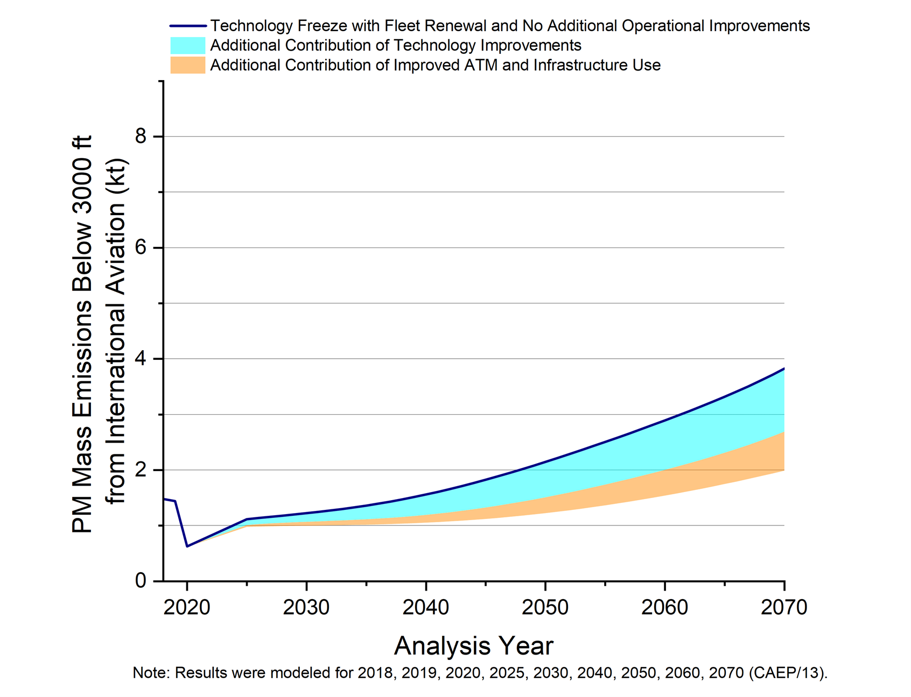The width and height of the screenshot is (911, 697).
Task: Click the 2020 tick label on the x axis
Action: (x=186, y=608)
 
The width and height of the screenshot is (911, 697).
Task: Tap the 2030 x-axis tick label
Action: (x=306, y=608)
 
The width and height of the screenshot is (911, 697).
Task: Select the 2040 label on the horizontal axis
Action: (x=425, y=608)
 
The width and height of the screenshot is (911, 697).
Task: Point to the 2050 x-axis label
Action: (x=545, y=608)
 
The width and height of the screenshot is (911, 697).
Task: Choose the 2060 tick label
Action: (x=664, y=608)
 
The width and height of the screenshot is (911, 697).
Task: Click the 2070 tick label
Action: (x=783, y=608)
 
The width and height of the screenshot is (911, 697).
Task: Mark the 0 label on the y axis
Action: (x=141, y=581)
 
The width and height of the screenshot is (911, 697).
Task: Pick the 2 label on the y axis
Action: (x=141, y=470)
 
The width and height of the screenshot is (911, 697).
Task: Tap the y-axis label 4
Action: (x=141, y=359)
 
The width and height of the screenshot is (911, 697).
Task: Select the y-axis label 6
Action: (x=141, y=248)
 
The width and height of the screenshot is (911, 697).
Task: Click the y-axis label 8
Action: (x=141, y=137)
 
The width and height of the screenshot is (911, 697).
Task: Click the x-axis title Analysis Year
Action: (x=473, y=646)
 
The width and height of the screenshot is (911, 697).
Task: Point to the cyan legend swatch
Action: (x=187, y=45)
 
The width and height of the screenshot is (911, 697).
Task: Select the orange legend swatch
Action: (x=187, y=65)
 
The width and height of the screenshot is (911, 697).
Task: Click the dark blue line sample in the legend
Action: (x=187, y=26)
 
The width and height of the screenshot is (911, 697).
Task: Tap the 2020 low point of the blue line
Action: (x=187, y=546)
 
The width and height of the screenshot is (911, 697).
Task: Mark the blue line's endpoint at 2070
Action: (x=784, y=368)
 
